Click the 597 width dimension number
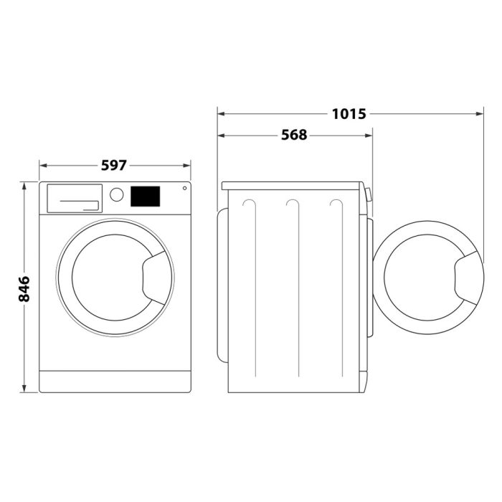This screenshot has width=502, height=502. (113, 165)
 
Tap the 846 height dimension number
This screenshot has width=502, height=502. (24, 288)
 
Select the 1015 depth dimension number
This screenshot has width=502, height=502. (349, 113)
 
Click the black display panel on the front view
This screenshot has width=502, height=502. (145, 196)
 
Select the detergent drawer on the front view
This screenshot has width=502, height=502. (73, 198)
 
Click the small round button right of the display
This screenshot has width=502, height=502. (184, 189)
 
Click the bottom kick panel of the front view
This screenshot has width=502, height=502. (114, 381)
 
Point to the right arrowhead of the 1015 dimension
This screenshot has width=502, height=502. (481, 113)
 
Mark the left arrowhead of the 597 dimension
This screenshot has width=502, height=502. (42, 165)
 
